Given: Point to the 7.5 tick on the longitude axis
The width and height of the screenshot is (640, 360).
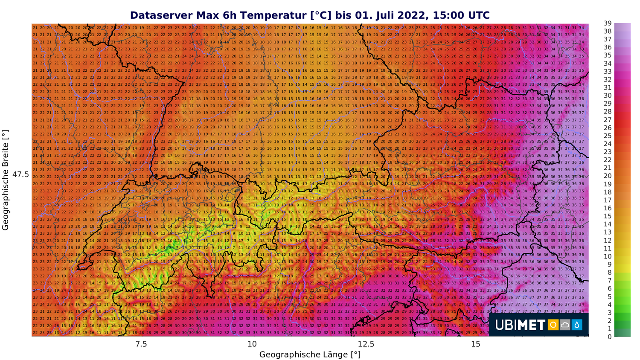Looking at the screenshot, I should (141, 344).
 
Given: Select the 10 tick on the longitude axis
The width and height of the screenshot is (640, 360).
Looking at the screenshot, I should (252, 344).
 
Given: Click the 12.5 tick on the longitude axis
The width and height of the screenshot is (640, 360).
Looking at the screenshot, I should (366, 344).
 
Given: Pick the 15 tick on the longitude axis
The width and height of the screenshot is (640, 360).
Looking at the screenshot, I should (476, 344).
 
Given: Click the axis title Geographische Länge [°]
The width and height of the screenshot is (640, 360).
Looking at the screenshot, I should (310, 354).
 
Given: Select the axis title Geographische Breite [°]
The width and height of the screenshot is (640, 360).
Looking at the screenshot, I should (6, 180).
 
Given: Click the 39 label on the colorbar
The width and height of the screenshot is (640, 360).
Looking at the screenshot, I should (607, 23).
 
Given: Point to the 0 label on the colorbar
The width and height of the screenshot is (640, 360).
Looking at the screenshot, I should (609, 337).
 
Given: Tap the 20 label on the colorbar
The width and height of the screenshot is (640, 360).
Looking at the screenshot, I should (607, 176).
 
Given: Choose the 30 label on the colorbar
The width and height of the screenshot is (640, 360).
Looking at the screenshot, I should (607, 96).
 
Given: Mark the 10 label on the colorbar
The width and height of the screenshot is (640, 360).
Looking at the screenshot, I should (607, 256).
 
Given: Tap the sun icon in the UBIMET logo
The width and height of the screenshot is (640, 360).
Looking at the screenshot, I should (553, 325).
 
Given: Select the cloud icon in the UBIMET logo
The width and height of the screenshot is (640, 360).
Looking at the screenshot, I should (565, 325).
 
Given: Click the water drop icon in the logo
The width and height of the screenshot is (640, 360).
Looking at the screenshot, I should (577, 325).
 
